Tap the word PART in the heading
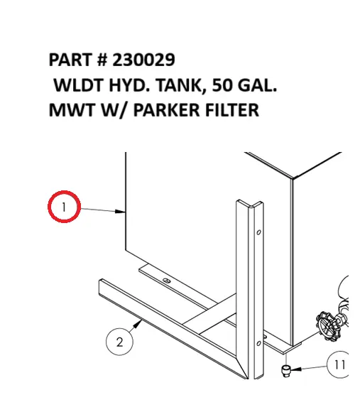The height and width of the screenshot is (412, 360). click(71, 59)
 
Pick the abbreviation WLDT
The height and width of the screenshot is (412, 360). click(79, 85)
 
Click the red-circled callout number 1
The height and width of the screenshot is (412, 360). click(64, 207)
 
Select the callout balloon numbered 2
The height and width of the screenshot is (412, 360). click(119, 342)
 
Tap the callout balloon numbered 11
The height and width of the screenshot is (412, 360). click(339, 365)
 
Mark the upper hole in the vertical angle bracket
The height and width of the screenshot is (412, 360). click(258, 232)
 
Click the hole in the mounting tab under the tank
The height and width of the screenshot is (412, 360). click(166, 282)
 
